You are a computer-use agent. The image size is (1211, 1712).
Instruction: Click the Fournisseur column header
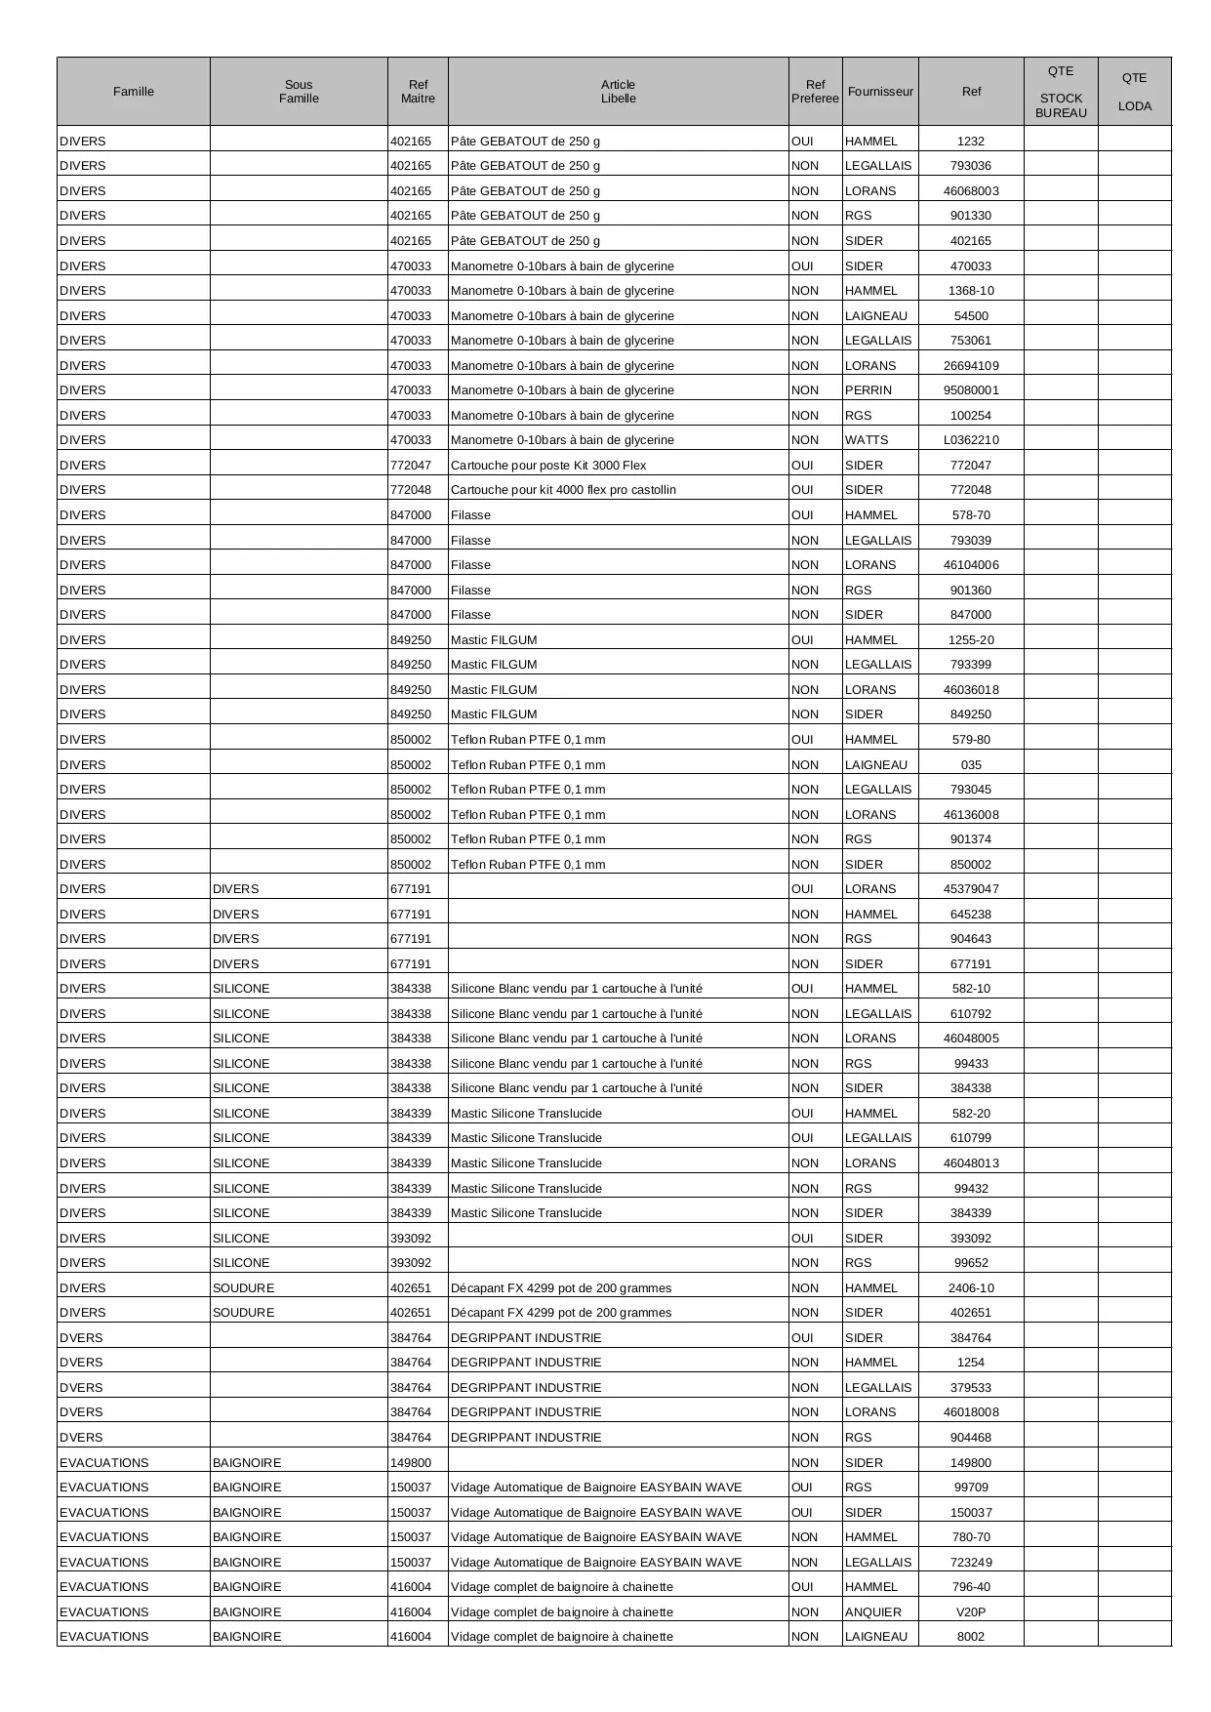(x=880, y=92)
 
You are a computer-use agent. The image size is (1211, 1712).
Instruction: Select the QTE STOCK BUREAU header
(x=1061, y=92)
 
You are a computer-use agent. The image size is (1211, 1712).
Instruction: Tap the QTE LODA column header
(x=1134, y=92)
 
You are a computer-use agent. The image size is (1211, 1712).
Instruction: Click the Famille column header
(x=134, y=92)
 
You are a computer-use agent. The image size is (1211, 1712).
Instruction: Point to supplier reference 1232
(x=971, y=142)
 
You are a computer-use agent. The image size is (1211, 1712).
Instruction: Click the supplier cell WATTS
(x=867, y=440)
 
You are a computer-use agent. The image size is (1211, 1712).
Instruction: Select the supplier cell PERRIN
(x=868, y=390)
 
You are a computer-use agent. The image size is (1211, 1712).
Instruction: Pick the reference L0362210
(x=971, y=440)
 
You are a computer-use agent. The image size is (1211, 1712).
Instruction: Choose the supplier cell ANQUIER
(x=873, y=1611)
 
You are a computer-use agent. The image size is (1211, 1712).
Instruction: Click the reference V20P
(x=971, y=1611)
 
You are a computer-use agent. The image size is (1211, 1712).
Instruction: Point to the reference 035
(x=971, y=765)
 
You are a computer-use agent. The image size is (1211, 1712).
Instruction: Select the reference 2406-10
(x=971, y=1288)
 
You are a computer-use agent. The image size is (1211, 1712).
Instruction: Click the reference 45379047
(x=971, y=889)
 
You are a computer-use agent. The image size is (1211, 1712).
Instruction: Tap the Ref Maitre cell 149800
(x=411, y=1463)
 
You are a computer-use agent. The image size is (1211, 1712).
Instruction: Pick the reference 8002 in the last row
(x=971, y=1637)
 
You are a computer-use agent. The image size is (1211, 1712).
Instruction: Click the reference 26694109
(x=971, y=366)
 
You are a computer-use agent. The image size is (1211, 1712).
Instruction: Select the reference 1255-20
(x=971, y=640)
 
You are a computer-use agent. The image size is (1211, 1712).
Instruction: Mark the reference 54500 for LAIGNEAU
(x=971, y=316)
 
